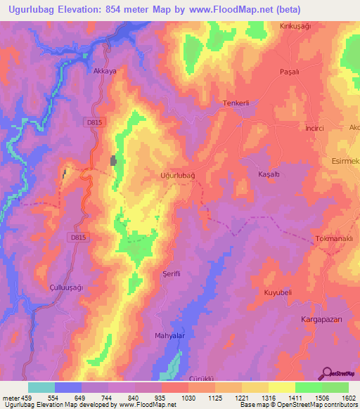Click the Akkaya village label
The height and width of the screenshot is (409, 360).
coord(104,71)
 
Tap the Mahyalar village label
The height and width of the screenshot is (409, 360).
coord(169,336)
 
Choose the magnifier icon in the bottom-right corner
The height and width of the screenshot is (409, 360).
coord(328,374)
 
